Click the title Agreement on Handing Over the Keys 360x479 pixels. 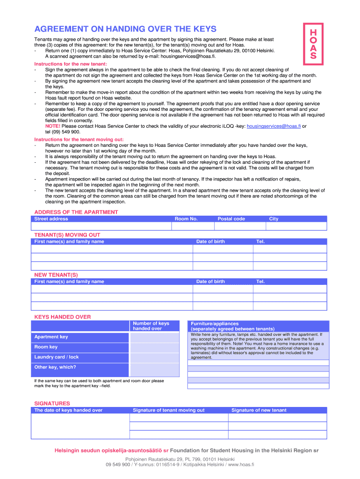coord(125,29)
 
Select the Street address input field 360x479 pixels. coord(101,226)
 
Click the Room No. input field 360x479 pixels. coord(192,226)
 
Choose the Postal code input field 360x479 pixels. coord(240,226)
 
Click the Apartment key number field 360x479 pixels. coord(154,337)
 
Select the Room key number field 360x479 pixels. coord(154,348)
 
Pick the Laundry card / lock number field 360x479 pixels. coord(154,358)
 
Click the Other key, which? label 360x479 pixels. coord(55,367)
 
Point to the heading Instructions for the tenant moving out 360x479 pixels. coord(79,139)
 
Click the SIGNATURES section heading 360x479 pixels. coord(52,403)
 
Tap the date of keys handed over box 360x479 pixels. coord(80,426)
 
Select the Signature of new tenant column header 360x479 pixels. coord(259,410)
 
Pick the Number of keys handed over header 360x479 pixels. coord(151,326)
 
